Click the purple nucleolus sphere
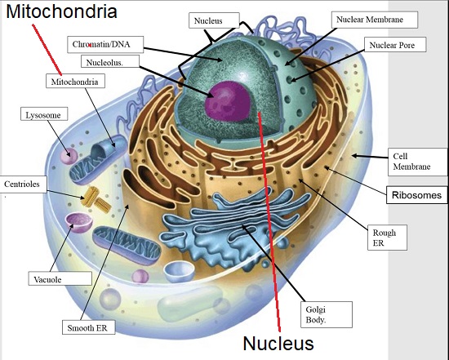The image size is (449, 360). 229,100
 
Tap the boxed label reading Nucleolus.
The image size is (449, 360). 110,61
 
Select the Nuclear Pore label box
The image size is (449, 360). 395,45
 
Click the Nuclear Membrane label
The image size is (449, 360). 375,20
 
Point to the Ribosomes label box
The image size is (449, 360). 416,195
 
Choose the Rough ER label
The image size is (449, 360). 388,238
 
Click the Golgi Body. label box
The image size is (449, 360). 327,314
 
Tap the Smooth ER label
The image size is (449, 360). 89,327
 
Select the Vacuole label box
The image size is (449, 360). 60,278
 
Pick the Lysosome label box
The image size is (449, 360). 44,114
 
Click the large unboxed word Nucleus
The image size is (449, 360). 278,343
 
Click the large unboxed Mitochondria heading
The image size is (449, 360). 61,11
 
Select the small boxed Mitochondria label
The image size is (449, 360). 75,81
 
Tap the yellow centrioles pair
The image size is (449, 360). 96,200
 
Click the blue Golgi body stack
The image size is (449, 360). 229,226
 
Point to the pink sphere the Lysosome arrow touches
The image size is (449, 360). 69,157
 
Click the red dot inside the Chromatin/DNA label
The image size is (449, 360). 90,45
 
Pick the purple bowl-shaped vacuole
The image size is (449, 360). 79,222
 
